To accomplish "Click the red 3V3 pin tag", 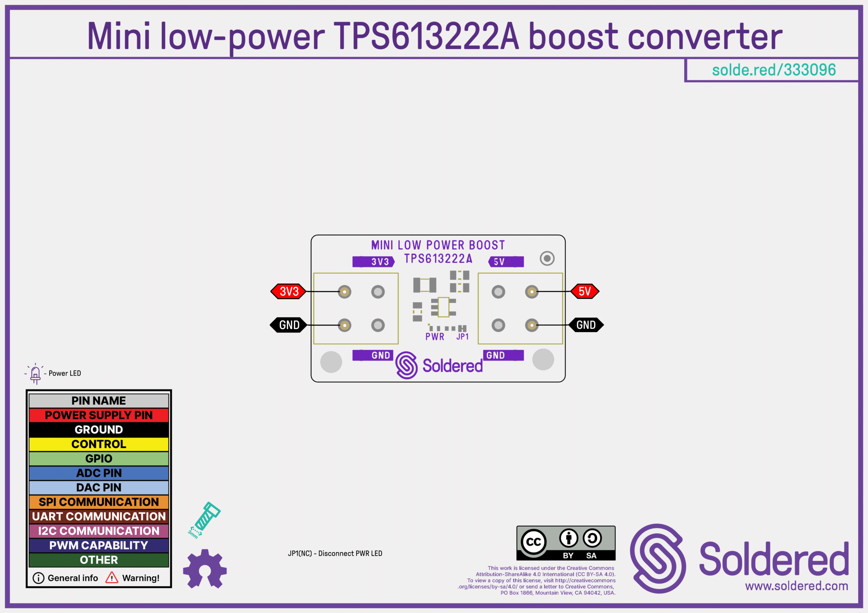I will click(x=289, y=291).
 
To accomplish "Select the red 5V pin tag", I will click(x=585, y=291).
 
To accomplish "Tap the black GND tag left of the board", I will click(x=289, y=325).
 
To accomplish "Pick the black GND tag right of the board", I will click(x=586, y=325).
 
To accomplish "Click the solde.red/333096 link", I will click(x=773, y=70).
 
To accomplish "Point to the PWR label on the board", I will click(x=435, y=337).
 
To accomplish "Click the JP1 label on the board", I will click(x=462, y=337).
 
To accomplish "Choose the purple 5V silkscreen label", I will click(x=506, y=262).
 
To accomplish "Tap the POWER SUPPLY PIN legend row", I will click(x=99, y=415).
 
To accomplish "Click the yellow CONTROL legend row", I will click(x=99, y=444).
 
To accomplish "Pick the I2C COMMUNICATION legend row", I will click(x=99, y=531).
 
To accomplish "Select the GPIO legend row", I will click(x=99, y=459).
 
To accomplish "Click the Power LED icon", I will click(x=35, y=374).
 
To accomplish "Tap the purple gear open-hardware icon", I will click(x=204, y=569).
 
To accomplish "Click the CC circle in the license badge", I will click(x=533, y=542).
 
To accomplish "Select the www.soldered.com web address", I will click(x=796, y=586).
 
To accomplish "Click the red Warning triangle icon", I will click(x=112, y=577).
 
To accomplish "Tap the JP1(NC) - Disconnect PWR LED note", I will click(x=335, y=553).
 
